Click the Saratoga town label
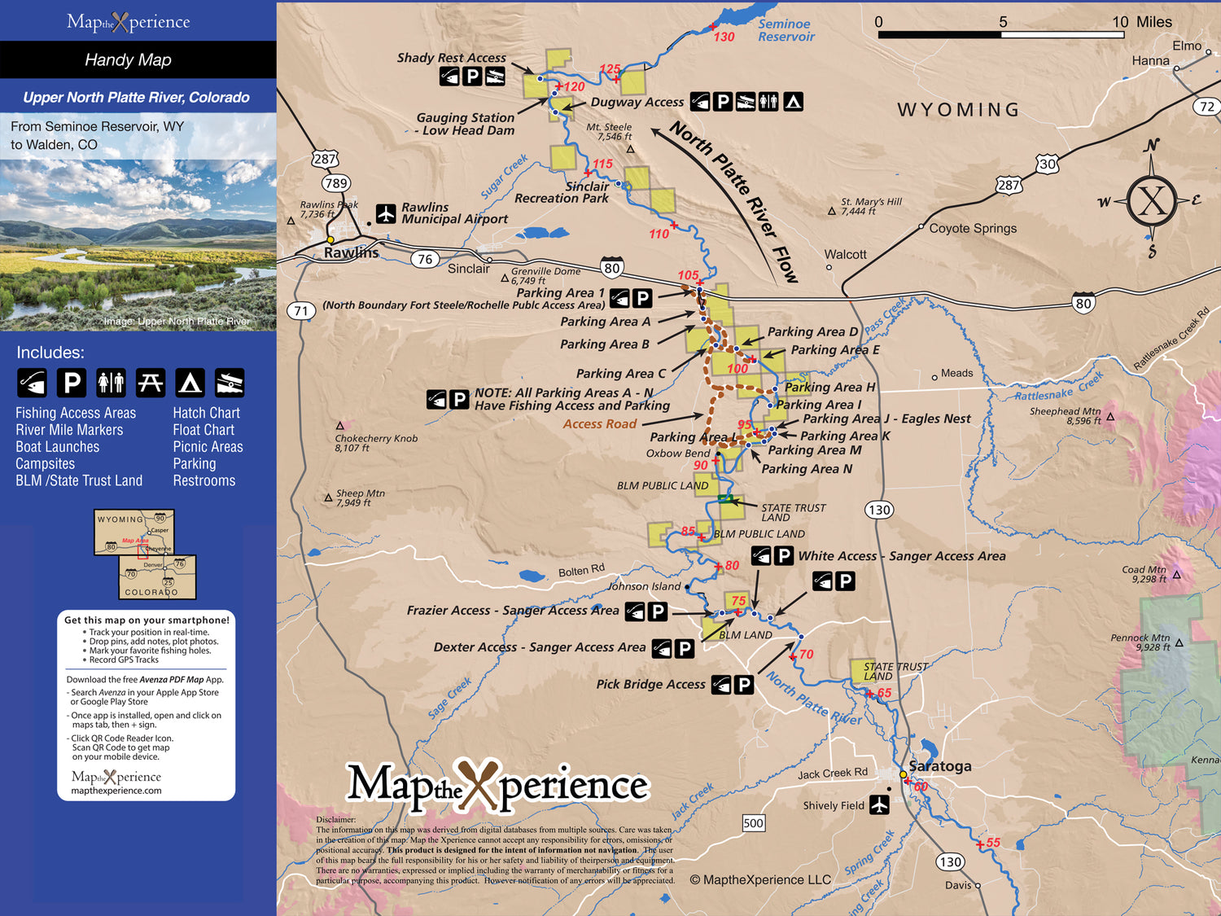pos(939,766)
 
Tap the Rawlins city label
pos(351,253)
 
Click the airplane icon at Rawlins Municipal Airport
pos(386,213)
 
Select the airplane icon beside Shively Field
pos(879,804)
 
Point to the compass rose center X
pos(1152,200)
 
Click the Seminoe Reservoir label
pos(785,30)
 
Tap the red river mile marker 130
pos(724,37)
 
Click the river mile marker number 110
pos(659,234)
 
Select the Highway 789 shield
pos(335,183)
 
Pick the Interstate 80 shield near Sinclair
pos(612,268)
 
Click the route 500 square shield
pos(753,823)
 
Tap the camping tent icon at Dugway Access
pos(793,102)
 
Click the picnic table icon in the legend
pos(151,382)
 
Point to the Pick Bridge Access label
pos(650,685)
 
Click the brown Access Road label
pos(599,424)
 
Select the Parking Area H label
pos(829,388)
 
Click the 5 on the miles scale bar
pos(1003,22)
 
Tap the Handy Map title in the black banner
pos(128,59)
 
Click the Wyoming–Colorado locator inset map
pos(146,554)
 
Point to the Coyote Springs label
pos(973,229)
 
